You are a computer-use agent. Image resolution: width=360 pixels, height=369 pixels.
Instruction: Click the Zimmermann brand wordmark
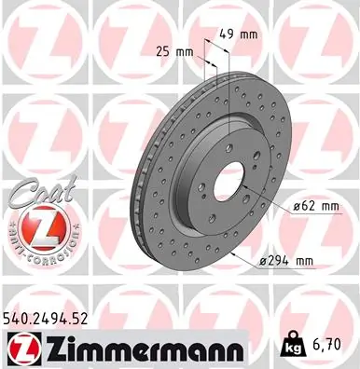pyautogui.click(x=139, y=348)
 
